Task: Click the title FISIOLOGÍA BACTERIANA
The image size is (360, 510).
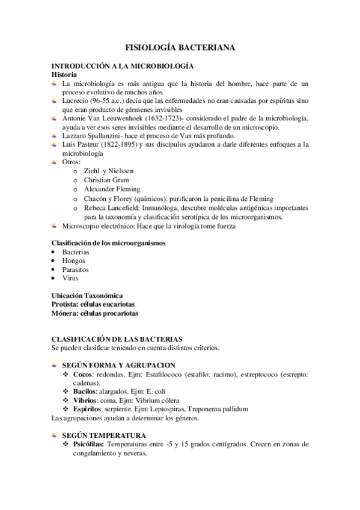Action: tap(180, 46)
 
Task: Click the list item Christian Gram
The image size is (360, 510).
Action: tap(106, 180)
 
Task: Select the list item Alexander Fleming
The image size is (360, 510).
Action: tap(112, 189)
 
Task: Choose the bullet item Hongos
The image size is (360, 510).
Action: tap(74, 260)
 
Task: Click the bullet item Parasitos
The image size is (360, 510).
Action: tap(76, 269)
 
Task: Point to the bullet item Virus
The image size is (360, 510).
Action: tap(70, 278)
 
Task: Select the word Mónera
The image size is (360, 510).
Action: tap(64, 313)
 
